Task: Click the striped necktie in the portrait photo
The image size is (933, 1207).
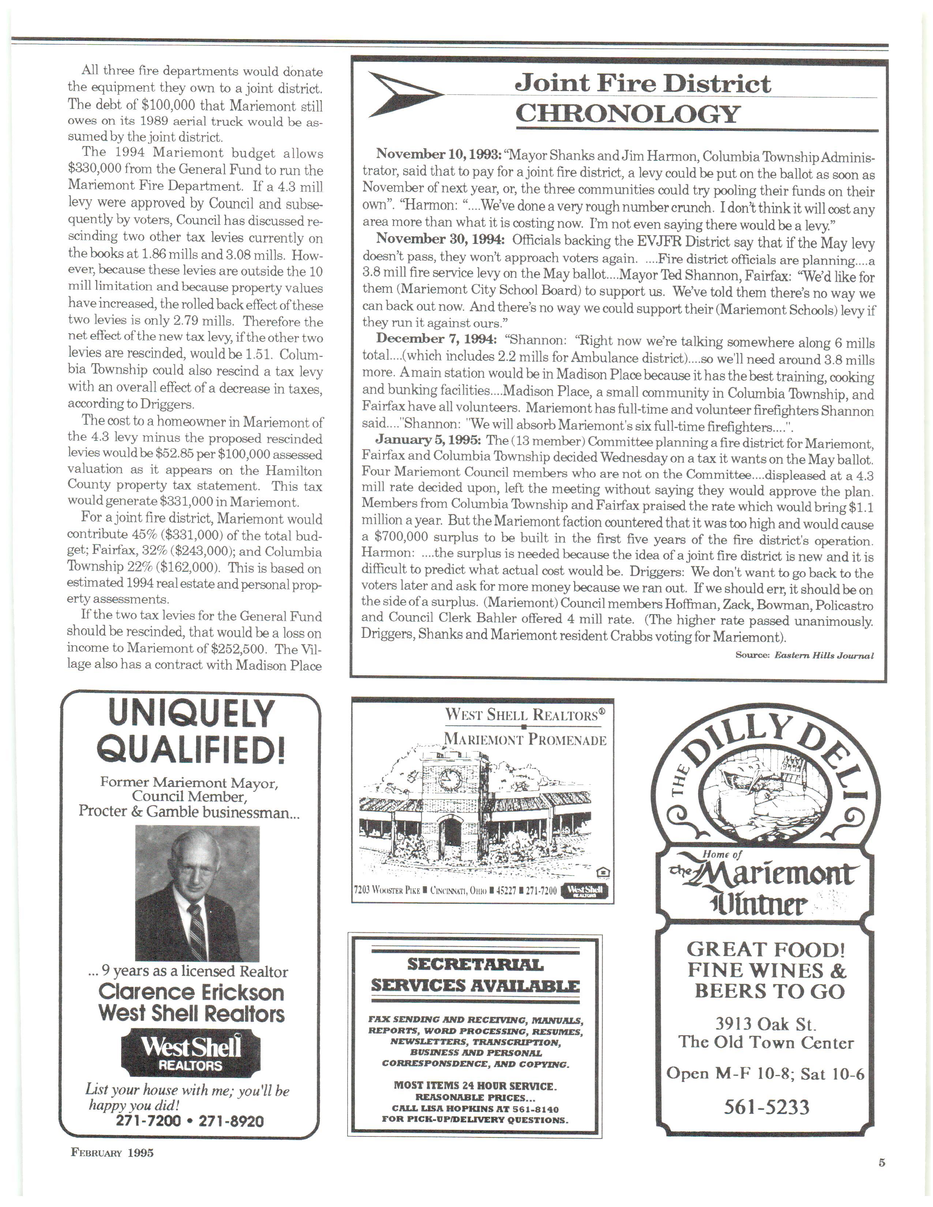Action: pyautogui.click(x=197, y=931)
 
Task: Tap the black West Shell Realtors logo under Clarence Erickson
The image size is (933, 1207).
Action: pyautogui.click(x=191, y=1053)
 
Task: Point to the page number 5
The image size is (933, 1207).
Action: pyautogui.click(x=882, y=1163)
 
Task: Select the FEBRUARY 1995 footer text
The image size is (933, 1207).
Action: pyautogui.click(x=112, y=1153)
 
